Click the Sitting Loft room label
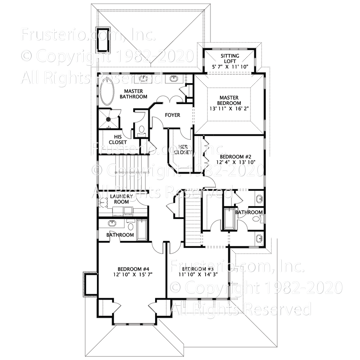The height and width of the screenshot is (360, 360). tap(230, 59)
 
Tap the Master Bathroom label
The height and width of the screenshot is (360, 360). tap(133, 94)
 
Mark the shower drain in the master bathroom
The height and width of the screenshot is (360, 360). tap(108, 119)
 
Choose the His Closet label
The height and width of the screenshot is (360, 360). tap(118, 140)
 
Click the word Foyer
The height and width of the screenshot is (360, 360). tap(172, 115)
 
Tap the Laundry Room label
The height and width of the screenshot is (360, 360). tap(121, 199)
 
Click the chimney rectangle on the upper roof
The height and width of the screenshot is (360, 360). tap(102, 40)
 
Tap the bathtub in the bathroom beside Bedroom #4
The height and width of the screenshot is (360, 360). tap(142, 230)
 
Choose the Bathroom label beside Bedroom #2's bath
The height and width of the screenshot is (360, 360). tap(249, 212)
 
